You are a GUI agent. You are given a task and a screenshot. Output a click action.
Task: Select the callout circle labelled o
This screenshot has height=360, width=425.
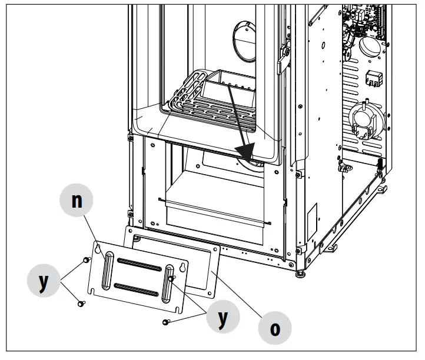tap(274, 326)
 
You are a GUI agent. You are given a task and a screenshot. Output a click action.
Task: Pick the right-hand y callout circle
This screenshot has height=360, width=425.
tap(223, 318)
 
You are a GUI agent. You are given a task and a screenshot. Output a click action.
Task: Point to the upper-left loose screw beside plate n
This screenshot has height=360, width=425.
tap(86, 259)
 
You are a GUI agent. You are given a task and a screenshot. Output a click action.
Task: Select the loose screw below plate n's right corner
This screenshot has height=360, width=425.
tap(167, 321)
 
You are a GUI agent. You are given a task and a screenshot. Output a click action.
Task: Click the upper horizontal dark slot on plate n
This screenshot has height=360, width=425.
tap(139, 264)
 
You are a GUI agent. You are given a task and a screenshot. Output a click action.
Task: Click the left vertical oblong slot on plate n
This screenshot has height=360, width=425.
tap(108, 270)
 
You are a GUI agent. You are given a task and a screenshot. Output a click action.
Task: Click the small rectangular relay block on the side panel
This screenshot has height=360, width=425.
tap(374, 78)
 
